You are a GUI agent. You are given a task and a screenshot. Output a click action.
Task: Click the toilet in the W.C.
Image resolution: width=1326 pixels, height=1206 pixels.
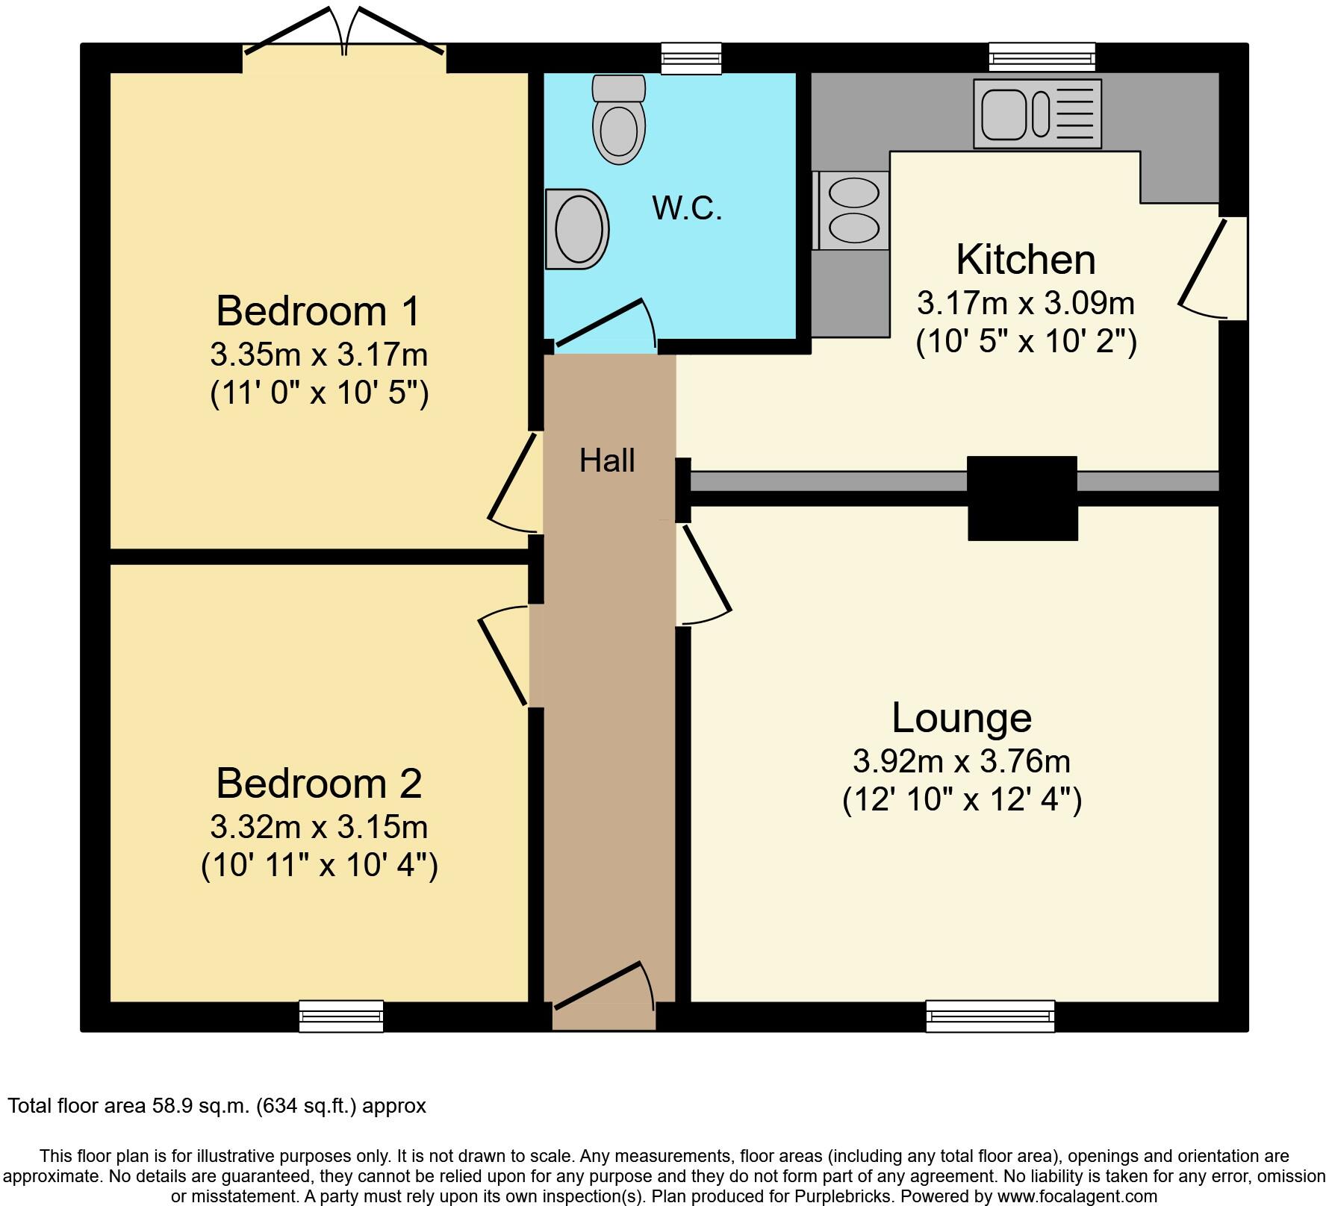(618, 123)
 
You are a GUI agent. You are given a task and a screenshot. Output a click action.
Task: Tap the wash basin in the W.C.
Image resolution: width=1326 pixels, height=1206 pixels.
(576, 228)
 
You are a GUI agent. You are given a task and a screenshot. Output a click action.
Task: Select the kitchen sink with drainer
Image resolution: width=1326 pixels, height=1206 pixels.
(1037, 113)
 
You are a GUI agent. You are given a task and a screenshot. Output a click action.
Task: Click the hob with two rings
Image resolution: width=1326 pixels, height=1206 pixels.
(853, 210)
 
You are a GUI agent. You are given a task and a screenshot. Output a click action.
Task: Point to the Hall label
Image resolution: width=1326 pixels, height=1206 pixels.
(607, 461)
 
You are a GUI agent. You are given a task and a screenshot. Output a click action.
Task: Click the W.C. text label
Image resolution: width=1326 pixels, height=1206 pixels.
(687, 208)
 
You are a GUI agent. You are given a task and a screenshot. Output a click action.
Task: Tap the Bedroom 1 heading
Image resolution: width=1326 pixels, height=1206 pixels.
(319, 310)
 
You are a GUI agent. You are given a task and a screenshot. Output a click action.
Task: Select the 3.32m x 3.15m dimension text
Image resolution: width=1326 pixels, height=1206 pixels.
(319, 827)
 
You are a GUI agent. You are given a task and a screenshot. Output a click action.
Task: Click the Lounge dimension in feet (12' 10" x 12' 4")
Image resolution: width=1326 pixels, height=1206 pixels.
(962, 800)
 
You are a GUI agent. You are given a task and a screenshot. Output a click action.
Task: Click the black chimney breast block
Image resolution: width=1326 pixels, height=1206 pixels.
(1022, 498)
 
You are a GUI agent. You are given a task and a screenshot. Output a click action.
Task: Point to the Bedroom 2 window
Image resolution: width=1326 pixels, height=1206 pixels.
(341, 1016)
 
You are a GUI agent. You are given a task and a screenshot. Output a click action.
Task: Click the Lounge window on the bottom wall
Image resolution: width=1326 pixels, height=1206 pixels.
(990, 1016)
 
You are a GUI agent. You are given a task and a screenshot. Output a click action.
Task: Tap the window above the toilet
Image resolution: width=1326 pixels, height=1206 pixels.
(692, 58)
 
